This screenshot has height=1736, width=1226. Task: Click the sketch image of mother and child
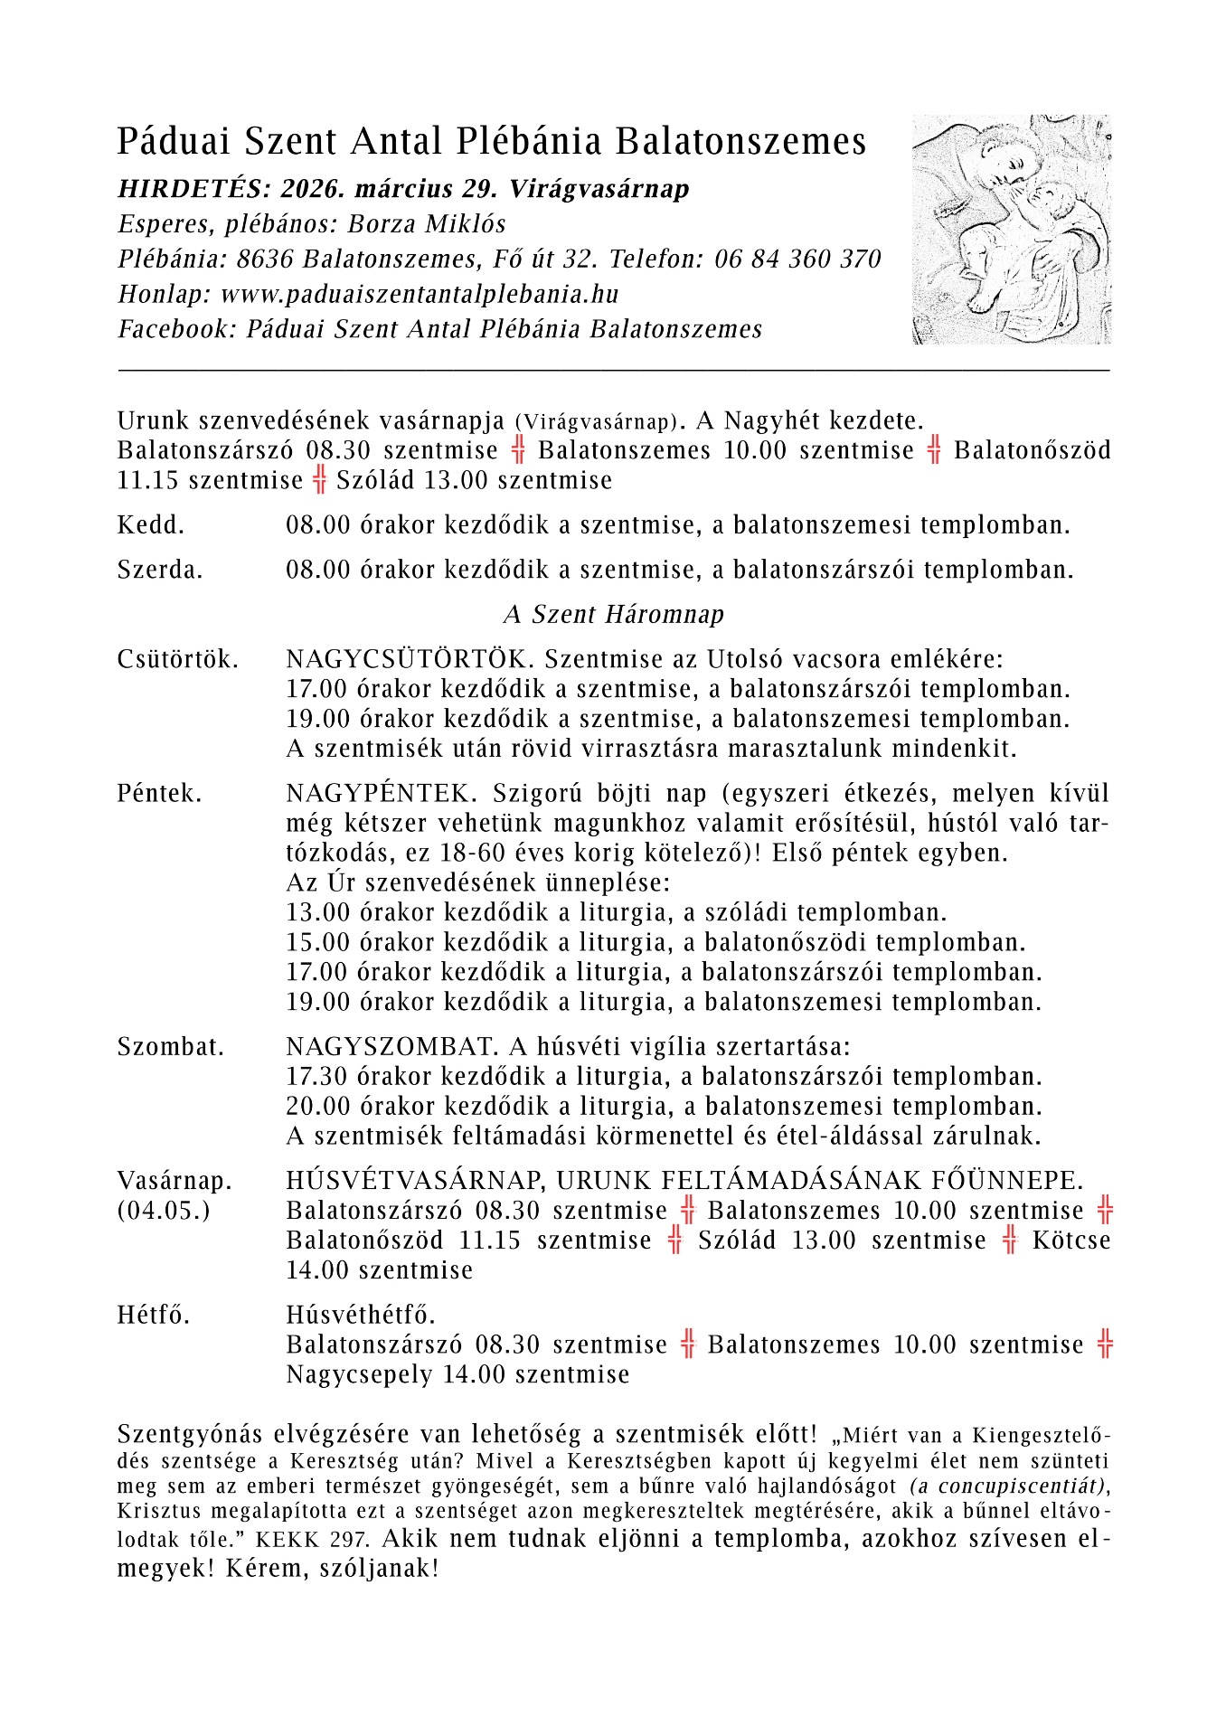pyautogui.click(x=1012, y=229)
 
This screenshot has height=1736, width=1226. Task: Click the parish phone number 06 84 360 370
pyautogui.click(x=797, y=259)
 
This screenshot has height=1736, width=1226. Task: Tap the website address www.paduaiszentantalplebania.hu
pyautogui.click(x=420, y=295)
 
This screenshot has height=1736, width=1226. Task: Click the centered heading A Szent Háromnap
pyautogui.click(x=614, y=615)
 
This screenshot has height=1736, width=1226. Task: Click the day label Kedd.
pyautogui.click(x=151, y=525)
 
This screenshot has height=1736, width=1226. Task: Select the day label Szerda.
pyautogui.click(x=160, y=571)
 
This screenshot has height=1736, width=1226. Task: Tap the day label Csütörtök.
pyautogui.click(x=178, y=659)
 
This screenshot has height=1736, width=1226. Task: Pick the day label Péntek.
pyautogui.click(x=160, y=794)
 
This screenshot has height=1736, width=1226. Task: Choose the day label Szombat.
pyautogui.click(x=171, y=1047)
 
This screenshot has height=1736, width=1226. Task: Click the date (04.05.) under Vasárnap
pyautogui.click(x=164, y=1211)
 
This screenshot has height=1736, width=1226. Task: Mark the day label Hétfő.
pyautogui.click(x=154, y=1315)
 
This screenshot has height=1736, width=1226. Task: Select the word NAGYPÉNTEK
pyautogui.click(x=380, y=794)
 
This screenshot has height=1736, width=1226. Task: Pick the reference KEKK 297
pyautogui.click(x=312, y=1540)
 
